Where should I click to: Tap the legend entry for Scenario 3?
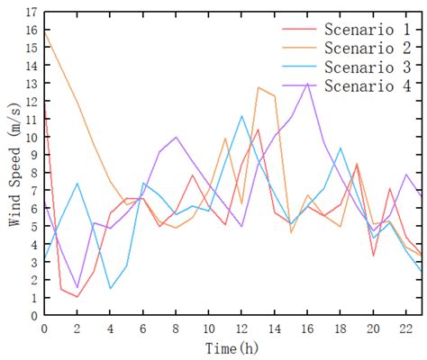click(369, 67)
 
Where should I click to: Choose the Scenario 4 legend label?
click(369, 86)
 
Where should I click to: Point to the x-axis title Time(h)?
click(233, 348)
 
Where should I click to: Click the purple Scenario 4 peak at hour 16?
click(307, 85)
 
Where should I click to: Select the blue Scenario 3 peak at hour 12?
click(241, 116)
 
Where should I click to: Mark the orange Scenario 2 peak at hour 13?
click(258, 87)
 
